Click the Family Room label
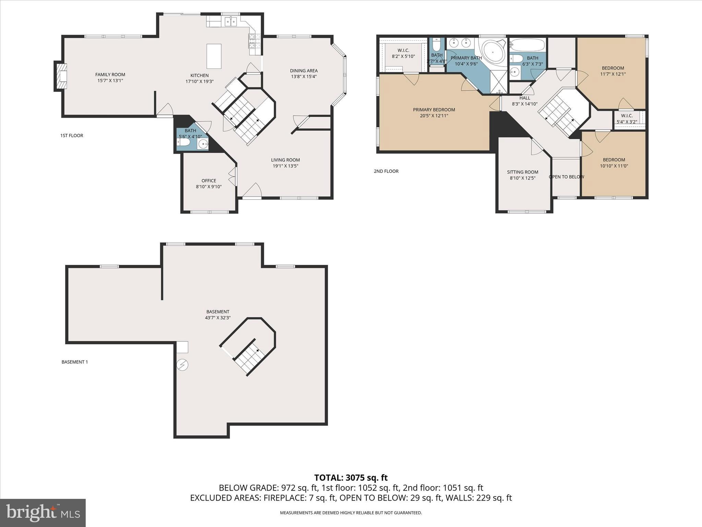110,74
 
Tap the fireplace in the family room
61,76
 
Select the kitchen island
214,56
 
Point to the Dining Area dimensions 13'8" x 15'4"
303,77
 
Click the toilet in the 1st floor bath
184,142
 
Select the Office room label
209,181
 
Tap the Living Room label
285,160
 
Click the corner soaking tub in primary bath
493,52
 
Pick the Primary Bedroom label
434,110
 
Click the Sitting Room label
522,172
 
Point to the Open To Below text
566,177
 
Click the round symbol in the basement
182,365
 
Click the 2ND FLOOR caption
386,171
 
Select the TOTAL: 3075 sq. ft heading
351,478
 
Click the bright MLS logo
43,513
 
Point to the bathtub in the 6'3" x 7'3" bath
527,45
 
